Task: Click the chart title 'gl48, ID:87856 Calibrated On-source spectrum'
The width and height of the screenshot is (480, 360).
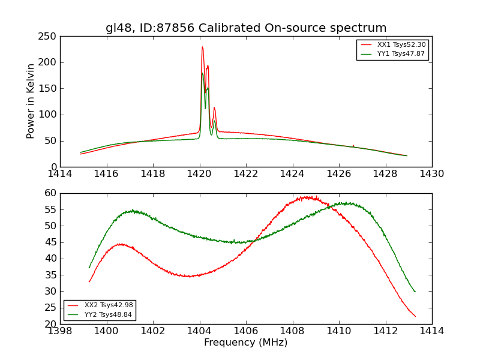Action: tap(246, 28)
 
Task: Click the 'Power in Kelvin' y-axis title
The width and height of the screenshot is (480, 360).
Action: tap(31, 101)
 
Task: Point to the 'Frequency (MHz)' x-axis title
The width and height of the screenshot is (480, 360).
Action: tap(246, 343)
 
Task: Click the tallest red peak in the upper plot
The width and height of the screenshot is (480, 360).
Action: tap(202, 47)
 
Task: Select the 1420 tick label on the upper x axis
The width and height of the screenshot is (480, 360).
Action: tap(200, 174)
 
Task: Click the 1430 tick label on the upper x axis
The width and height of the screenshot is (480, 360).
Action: tap(432, 174)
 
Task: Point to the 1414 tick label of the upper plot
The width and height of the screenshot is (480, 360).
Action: tap(61, 174)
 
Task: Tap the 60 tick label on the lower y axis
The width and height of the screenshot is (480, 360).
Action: tap(50, 193)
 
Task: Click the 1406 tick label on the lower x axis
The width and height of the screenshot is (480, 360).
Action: tap(246, 331)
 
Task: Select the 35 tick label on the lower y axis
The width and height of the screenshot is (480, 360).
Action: tap(50, 275)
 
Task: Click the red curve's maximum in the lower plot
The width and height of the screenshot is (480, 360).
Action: tap(307, 197)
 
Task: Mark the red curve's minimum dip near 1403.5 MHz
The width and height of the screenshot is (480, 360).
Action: tap(188, 276)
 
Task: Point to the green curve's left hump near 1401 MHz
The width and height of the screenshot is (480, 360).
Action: tap(132, 211)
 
